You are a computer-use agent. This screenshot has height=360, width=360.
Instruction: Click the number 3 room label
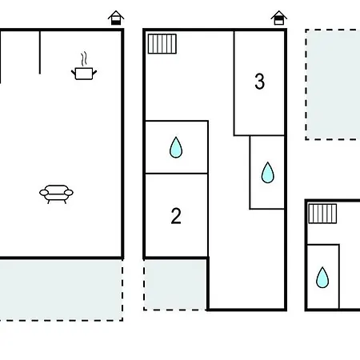[259, 81]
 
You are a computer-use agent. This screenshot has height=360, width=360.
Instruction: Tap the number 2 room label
[176, 216]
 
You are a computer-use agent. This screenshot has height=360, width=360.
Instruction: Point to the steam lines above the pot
[84, 58]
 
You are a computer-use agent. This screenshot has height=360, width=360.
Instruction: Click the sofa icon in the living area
[56, 194]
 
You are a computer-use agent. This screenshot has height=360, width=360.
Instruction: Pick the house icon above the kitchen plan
[116, 18]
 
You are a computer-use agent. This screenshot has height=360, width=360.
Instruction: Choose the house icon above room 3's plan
[278, 18]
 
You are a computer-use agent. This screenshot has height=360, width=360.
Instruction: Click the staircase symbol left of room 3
[162, 44]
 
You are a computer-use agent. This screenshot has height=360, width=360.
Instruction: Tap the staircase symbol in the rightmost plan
[322, 214]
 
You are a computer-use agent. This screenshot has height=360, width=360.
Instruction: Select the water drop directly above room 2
[176, 147]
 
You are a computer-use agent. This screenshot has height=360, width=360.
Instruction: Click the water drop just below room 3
[267, 173]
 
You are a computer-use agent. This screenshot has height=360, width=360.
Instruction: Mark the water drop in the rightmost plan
[322, 278]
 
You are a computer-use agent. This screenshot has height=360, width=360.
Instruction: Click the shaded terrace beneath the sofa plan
[61, 290]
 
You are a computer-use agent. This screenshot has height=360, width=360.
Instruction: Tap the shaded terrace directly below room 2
[175, 285]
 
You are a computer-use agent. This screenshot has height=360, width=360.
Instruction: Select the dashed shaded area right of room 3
[333, 84]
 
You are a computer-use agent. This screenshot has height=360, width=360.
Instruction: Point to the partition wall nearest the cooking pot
[40, 52]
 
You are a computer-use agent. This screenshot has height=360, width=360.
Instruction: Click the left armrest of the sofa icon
[44, 193]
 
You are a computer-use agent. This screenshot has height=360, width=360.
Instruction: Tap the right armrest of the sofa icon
[69, 193]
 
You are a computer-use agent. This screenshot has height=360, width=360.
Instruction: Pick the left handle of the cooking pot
[74, 72]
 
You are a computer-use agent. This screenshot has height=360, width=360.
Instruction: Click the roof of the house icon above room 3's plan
[278, 14]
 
